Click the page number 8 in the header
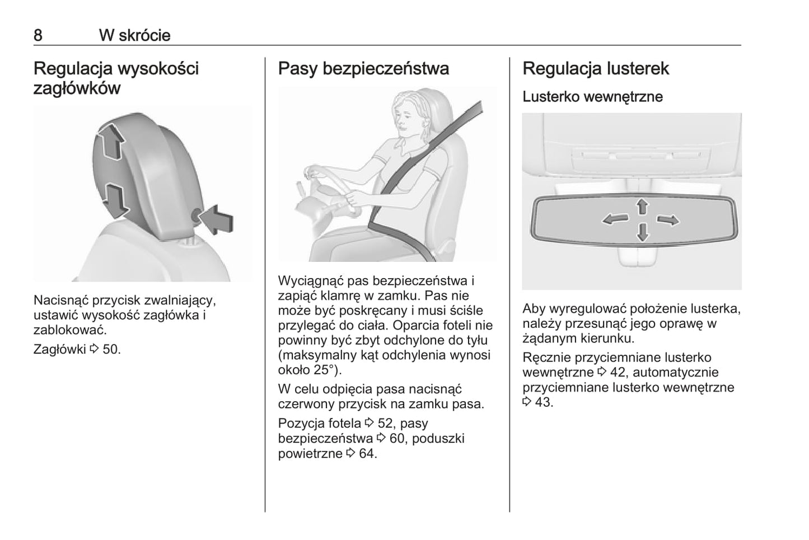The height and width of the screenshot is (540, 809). (x=38, y=35)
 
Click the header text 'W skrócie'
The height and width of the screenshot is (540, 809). (x=135, y=35)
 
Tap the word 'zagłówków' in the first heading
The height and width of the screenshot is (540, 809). (x=77, y=88)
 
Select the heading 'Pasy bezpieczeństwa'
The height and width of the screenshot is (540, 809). (x=363, y=69)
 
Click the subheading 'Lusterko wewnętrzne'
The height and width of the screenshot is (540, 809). (x=593, y=97)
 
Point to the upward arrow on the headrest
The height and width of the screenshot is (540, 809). (x=110, y=141)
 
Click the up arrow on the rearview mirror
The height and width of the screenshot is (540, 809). (x=642, y=207)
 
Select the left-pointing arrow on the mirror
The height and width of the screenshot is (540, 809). (x=615, y=219)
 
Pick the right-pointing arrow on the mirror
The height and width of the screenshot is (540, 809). (x=668, y=220)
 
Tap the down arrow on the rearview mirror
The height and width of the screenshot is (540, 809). (x=643, y=232)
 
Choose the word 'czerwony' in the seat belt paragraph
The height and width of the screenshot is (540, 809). (x=306, y=404)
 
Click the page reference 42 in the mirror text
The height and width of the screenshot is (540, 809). (x=618, y=372)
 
